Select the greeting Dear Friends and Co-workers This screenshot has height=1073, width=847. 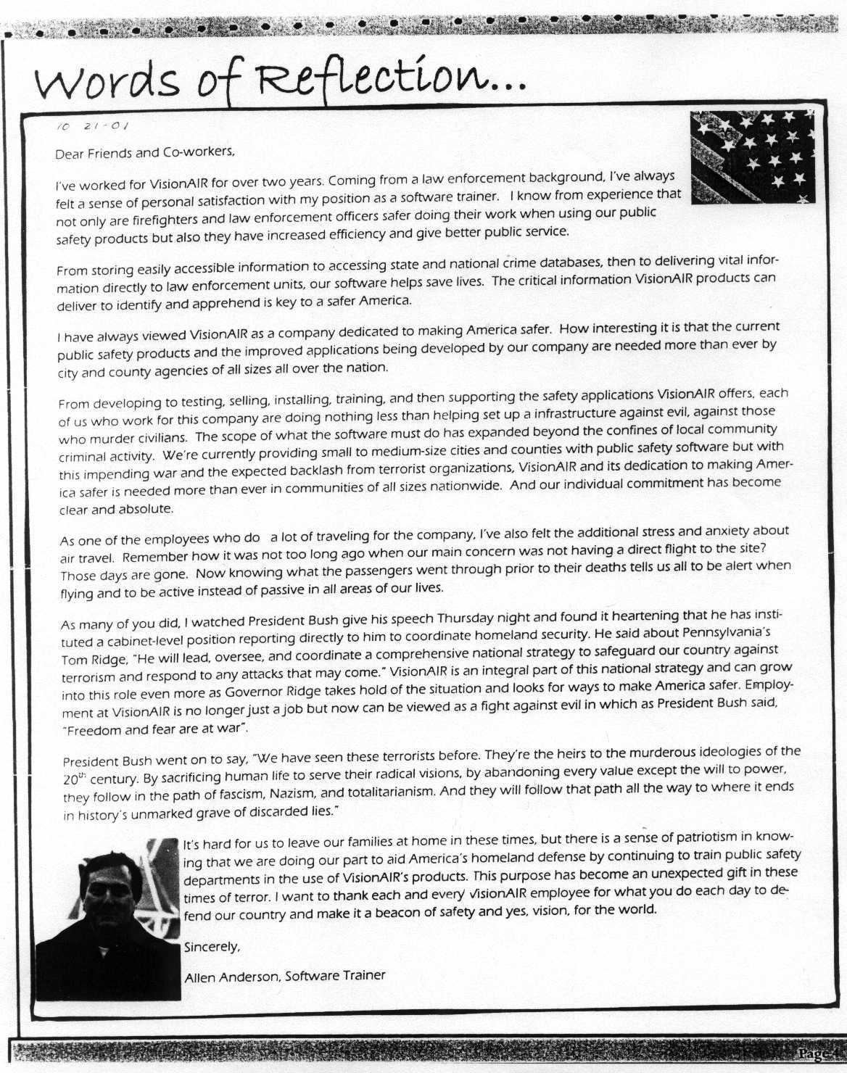pos(145,152)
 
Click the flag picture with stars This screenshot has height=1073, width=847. pos(752,157)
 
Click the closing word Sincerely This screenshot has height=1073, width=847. pos(211,947)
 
